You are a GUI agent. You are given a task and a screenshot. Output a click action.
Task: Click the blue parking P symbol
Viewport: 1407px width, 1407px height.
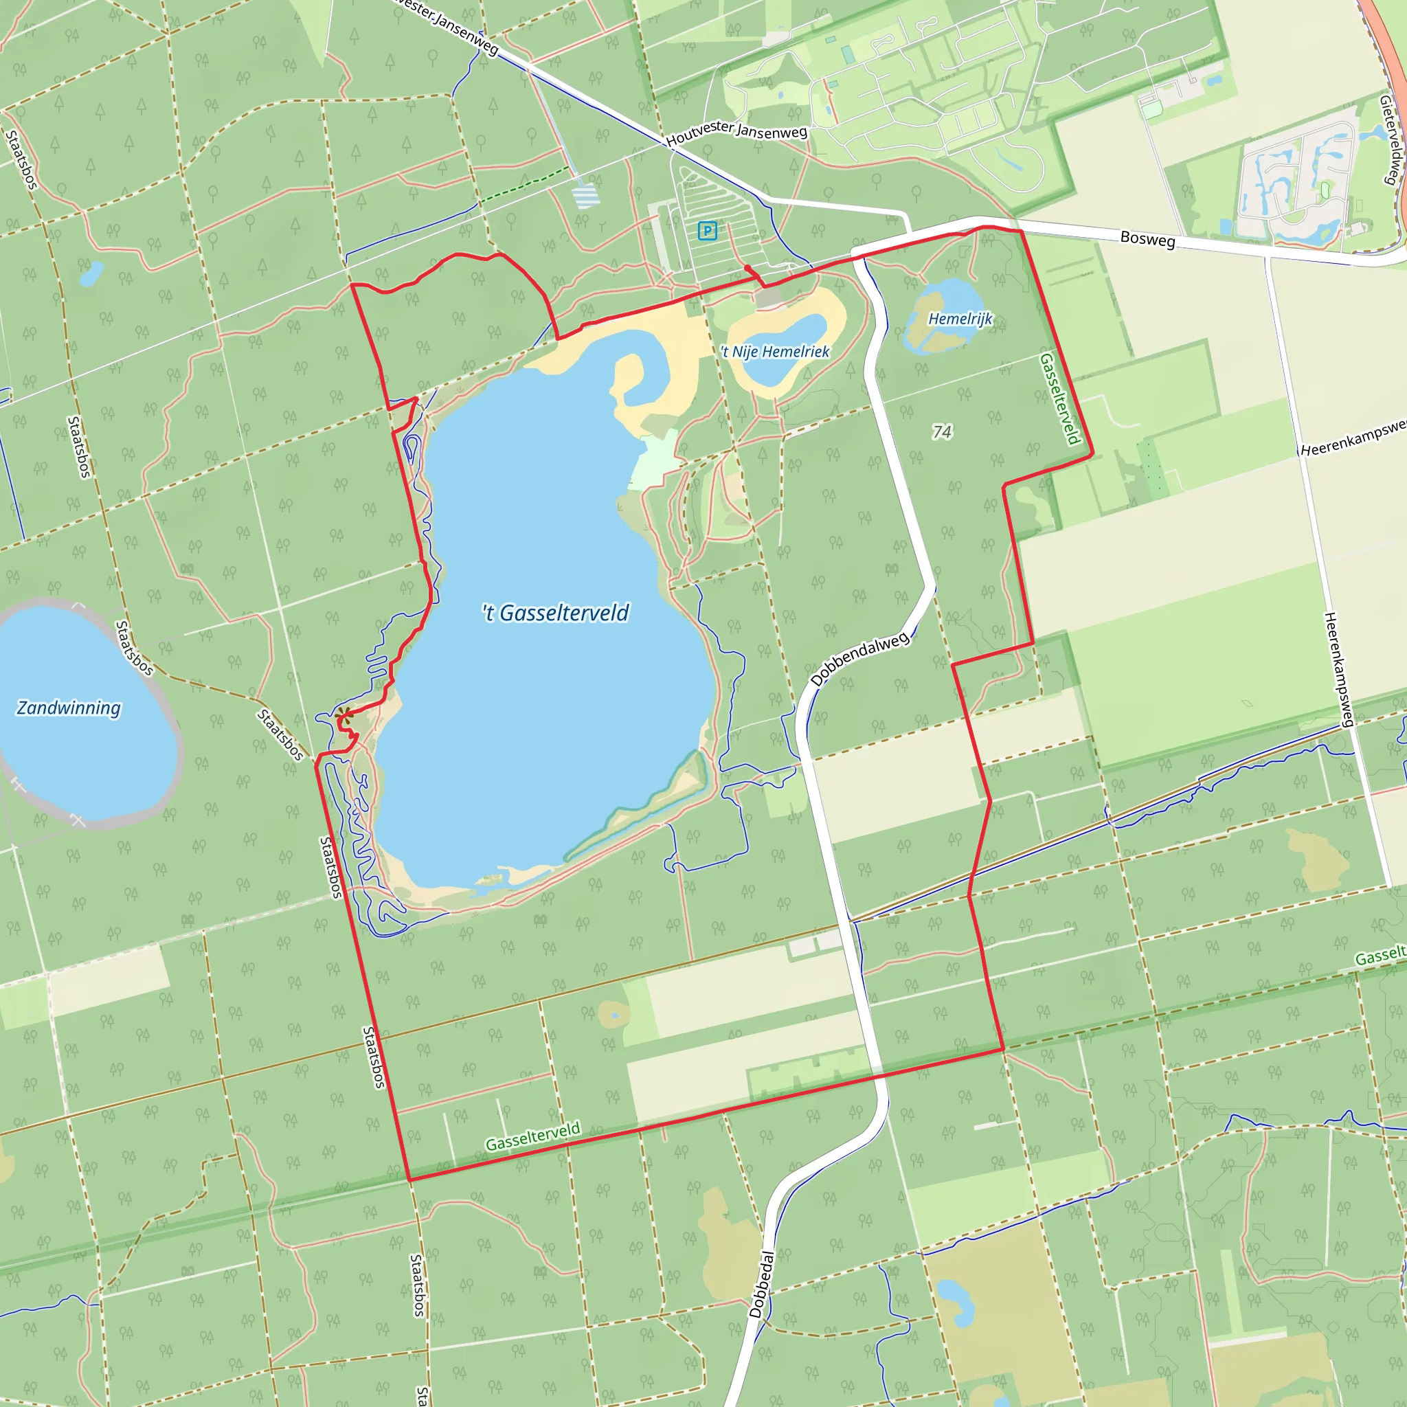(x=706, y=231)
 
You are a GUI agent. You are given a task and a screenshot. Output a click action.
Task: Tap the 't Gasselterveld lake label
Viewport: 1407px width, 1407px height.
(x=555, y=614)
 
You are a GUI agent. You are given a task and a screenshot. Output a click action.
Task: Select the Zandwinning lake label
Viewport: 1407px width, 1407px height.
(x=69, y=708)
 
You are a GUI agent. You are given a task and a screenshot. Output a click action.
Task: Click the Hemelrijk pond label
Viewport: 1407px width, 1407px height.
(x=960, y=319)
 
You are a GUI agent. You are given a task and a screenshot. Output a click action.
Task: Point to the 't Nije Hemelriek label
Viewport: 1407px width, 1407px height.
(x=775, y=352)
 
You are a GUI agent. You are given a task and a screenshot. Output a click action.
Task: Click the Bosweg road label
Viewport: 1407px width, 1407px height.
(x=1147, y=239)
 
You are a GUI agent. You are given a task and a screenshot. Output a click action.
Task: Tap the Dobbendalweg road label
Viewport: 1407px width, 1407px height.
(x=859, y=659)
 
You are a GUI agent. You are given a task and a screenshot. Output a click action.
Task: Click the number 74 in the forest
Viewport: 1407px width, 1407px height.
(x=942, y=432)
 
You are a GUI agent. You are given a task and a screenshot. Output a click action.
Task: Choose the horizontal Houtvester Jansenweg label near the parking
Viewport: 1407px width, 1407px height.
(x=736, y=133)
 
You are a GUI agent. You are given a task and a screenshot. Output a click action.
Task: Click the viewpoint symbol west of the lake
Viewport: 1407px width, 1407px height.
(x=344, y=716)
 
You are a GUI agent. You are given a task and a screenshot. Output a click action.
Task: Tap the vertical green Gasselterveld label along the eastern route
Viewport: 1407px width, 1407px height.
(x=1059, y=398)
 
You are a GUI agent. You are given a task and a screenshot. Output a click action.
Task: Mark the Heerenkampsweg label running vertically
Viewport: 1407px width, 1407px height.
(x=1338, y=669)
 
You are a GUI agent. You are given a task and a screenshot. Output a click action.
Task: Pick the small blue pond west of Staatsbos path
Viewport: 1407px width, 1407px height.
(x=91, y=274)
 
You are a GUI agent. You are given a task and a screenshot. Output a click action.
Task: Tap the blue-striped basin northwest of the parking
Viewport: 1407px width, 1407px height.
(x=585, y=196)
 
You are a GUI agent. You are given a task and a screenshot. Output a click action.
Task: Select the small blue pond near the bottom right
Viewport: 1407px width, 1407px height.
(x=955, y=1301)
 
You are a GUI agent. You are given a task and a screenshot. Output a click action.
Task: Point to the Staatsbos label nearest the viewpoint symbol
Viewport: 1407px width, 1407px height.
(x=280, y=735)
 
